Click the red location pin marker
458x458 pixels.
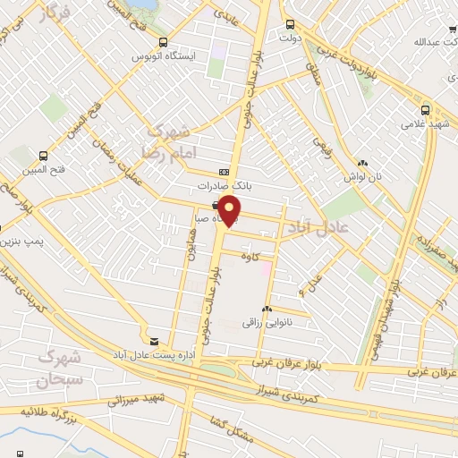tap(230, 211)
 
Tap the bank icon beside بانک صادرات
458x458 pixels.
tap(223, 173)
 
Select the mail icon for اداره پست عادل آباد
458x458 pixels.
tap(155, 342)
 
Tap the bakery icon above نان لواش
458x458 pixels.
tap(362, 164)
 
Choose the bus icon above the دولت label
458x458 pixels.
tap(287, 25)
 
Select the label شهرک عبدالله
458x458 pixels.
tap(432, 41)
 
